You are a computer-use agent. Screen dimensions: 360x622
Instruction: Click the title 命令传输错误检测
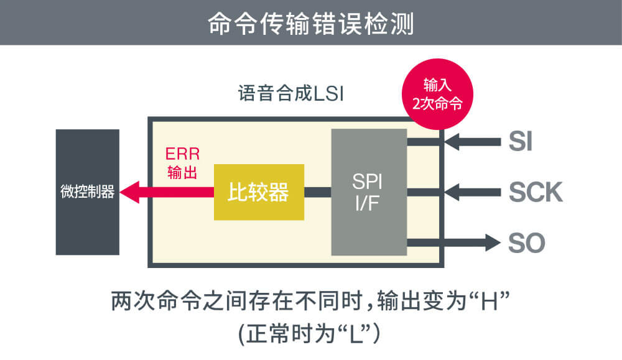pos(310,23)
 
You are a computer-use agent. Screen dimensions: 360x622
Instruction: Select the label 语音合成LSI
pos(290,95)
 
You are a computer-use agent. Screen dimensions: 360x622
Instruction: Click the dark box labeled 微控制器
pos(87,192)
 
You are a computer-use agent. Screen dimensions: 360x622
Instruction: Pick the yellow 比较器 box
pos(259,192)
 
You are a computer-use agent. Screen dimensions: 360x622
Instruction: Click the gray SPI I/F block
pos(368,192)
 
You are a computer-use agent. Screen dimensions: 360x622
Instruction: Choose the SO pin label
pos(526,242)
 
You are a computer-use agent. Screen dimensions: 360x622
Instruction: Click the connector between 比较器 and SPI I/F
pos(317,192)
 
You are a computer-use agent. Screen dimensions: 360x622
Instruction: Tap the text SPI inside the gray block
pos(368,181)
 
